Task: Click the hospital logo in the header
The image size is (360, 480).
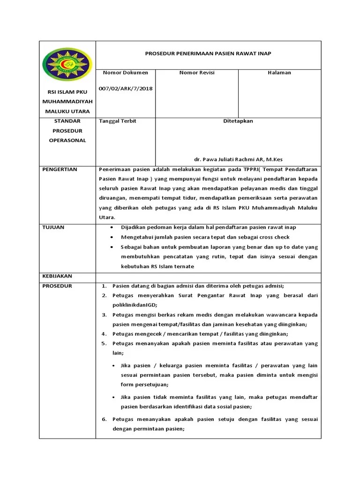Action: tap(67, 65)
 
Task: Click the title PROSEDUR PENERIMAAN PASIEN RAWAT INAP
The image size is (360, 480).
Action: tap(208, 54)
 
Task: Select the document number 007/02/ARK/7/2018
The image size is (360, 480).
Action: tap(125, 89)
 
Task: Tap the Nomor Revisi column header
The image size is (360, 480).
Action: tap(197, 73)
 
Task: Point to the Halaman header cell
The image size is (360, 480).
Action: tap(279, 73)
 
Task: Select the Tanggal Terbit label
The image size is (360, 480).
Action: tap(118, 121)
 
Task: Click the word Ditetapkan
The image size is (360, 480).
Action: tap(238, 121)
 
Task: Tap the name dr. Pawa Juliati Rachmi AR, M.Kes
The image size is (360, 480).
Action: tap(238, 159)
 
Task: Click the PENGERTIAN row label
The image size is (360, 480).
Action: tap(60, 169)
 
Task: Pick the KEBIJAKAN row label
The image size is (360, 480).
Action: tap(57, 276)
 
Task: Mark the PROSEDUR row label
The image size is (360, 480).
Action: tap(57, 286)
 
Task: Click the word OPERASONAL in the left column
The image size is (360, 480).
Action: tap(68, 141)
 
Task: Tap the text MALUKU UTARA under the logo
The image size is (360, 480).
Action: tap(67, 112)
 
